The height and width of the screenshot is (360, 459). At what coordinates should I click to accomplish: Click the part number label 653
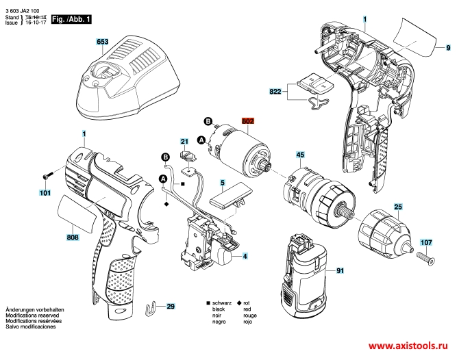click(102, 42)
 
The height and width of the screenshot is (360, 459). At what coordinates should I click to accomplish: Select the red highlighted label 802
click(247, 121)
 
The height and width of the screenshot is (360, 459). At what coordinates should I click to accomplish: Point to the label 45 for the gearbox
click(300, 155)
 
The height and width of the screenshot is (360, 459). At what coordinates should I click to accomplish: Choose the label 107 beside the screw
click(426, 242)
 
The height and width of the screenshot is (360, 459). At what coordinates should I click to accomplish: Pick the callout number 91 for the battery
click(339, 272)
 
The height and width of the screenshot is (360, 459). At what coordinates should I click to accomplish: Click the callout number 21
click(184, 142)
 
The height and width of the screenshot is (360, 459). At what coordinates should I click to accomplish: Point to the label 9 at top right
click(447, 49)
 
